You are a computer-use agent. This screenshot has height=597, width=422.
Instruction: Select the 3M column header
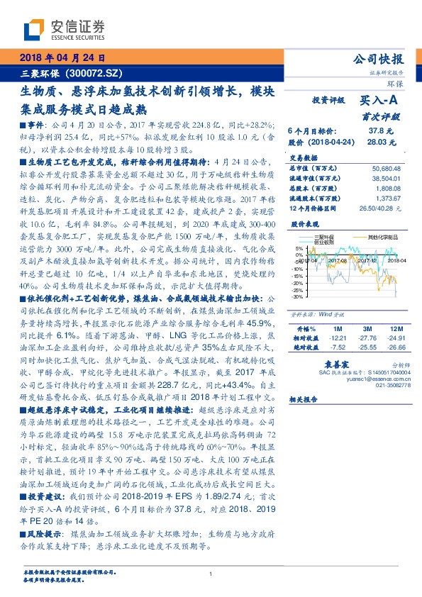(367, 329)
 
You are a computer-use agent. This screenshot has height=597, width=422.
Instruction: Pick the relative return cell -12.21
(338, 339)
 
